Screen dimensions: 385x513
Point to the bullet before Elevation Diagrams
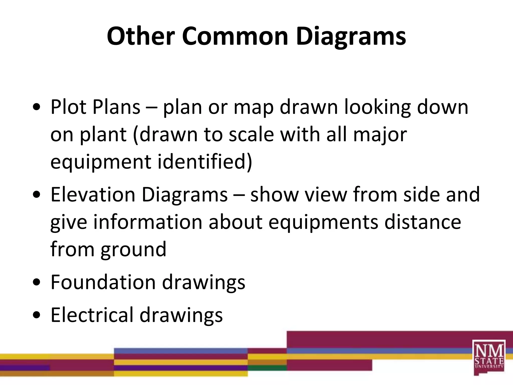point(37,195)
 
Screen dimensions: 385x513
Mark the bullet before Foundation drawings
point(37,282)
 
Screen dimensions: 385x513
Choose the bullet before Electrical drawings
point(37,315)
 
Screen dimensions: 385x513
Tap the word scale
point(251,135)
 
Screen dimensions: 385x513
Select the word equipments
point(323,223)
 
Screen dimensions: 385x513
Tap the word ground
point(134,250)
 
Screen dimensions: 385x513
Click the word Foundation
point(103,282)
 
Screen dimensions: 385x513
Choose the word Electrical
point(92,315)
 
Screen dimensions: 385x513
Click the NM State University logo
point(489,357)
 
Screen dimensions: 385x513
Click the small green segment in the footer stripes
point(267,368)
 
